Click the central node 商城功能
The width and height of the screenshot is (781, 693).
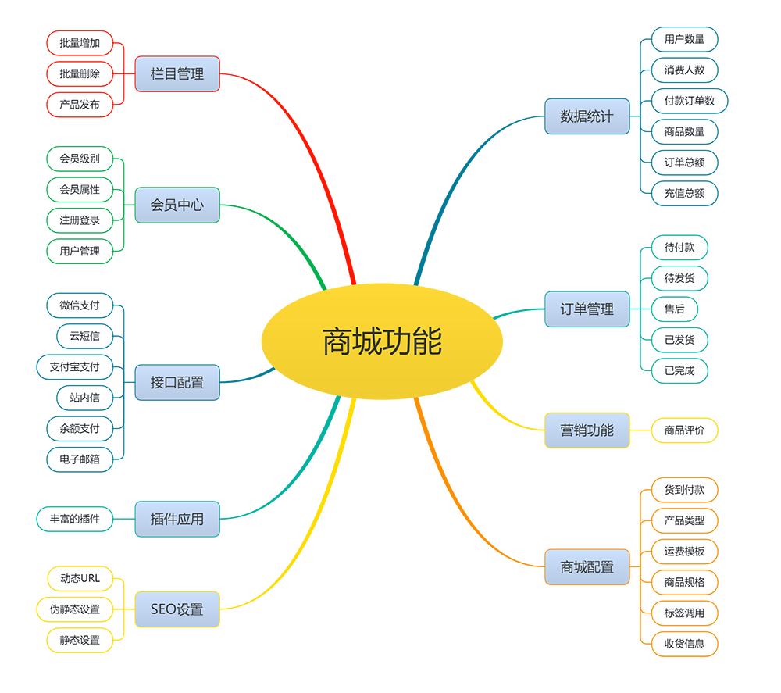[x=382, y=342]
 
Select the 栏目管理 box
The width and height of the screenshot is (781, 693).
[x=177, y=74]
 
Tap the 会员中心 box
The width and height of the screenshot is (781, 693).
[x=177, y=205]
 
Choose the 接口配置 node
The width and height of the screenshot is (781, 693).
[x=177, y=383]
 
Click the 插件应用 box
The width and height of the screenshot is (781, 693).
[x=177, y=519]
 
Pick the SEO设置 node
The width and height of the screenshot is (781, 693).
[x=177, y=609]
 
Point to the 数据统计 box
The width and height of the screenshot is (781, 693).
[x=587, y=116]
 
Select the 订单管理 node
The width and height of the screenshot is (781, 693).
[x=587, y=309]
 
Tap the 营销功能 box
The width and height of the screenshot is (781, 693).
[x=587, y=430]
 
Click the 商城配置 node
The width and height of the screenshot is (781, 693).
[x=587, y=567]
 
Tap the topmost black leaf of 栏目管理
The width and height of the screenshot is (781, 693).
[x=80, y=42]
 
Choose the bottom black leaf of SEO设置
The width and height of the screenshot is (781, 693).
[x=80, y=640]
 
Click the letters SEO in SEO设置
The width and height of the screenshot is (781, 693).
[x=163, y=609]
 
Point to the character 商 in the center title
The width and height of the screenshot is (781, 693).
[x=337, y=342]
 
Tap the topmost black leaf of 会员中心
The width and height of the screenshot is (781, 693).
[x=80, y=159]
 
